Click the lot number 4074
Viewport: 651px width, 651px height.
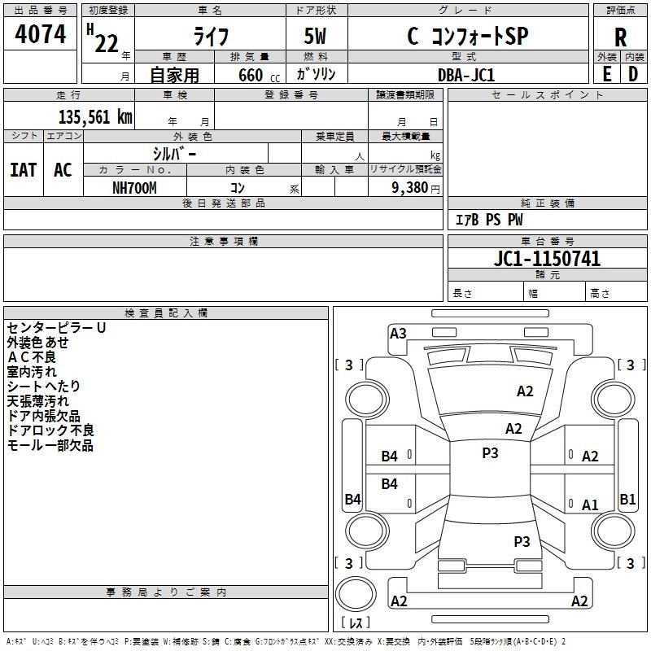[40, 34]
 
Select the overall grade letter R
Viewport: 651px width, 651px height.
[620, 37]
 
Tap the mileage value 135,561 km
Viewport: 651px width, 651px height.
[95, 117]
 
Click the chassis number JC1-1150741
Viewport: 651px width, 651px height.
[547, 259]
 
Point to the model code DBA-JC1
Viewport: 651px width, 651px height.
[466, 75]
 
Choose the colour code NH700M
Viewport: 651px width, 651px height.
[134, 188]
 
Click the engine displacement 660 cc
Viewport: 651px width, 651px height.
[259, 76]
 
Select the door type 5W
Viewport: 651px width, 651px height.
[315, 36]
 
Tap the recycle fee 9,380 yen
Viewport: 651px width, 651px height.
[416, 188]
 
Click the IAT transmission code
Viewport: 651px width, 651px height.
[24, 170]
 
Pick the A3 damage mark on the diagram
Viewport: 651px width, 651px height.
[398, 334]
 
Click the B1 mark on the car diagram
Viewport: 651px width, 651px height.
[627, 499]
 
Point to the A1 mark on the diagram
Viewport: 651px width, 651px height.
[590, 505]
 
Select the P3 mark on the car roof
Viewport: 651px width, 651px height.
[490, 452]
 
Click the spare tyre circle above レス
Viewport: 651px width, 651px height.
[356, 594]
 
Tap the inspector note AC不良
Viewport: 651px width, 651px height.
[32, 357]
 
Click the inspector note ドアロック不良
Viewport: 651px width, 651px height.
[50, 430]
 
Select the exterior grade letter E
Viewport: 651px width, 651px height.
[607, 74]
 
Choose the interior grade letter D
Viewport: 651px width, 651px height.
[633, 74]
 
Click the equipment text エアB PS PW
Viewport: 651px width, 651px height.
[489, 220]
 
